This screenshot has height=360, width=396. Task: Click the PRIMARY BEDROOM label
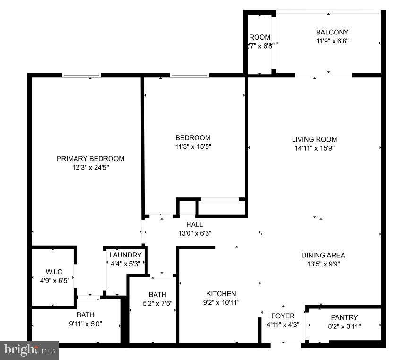click(90, 159)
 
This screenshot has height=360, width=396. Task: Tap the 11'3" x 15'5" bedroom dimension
click(193, 146)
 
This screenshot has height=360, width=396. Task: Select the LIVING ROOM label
click(314, 139)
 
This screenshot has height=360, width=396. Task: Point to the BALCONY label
click(332, 32)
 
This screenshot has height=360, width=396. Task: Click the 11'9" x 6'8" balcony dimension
click(332, 41)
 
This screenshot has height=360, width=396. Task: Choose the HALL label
click(194, 224)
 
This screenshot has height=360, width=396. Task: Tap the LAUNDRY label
click(125, 255)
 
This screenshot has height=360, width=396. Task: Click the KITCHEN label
click(221, 293)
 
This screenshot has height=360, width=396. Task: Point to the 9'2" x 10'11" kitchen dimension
click(221, 302)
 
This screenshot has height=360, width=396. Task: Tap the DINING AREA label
click(323, 255)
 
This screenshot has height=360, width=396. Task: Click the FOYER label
click(283, 316)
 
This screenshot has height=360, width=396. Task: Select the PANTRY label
click(344, 317)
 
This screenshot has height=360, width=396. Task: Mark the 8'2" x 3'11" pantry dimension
click(344, 326)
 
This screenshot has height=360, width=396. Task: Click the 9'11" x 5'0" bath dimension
click(86, 324)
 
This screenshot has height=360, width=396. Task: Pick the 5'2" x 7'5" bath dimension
click(157, 303)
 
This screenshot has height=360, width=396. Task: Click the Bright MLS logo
click(29, 350)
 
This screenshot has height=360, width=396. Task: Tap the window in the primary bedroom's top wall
click(81, 75)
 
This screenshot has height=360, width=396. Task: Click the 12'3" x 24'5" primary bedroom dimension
click(90, 167)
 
